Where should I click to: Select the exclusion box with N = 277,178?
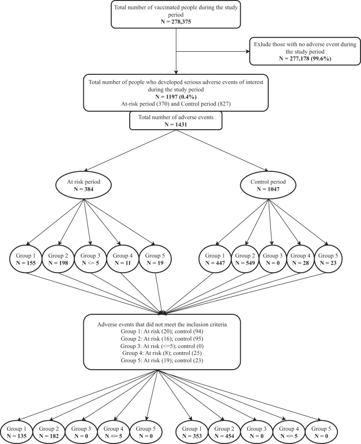point(304,52)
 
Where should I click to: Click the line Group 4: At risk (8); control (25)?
point(162,352)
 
